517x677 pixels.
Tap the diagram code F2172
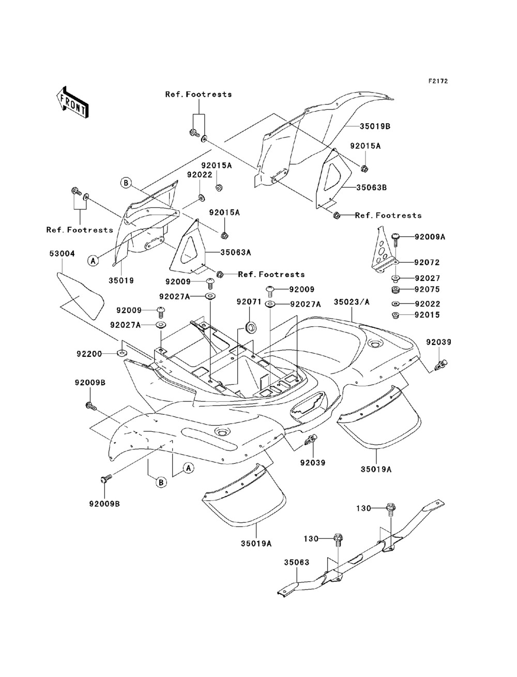coord(438,81)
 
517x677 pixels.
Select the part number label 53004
coord(62,253)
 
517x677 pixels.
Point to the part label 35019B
coord(375,126)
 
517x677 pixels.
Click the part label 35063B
coord(372,188)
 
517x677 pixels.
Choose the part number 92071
coord(249,302)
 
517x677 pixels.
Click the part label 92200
coord(89,354)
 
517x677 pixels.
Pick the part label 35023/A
coord(352,302)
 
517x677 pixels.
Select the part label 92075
coord(427,289)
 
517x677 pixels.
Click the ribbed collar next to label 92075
coord(396,290)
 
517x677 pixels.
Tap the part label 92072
coord(427,262)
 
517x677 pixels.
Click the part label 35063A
coord(236,252)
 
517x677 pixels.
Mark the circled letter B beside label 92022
coord(126,183)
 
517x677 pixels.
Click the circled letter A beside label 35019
coord(93,261)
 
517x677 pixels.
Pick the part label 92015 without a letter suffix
coord(427,315)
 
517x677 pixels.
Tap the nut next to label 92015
coord(395,315)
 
